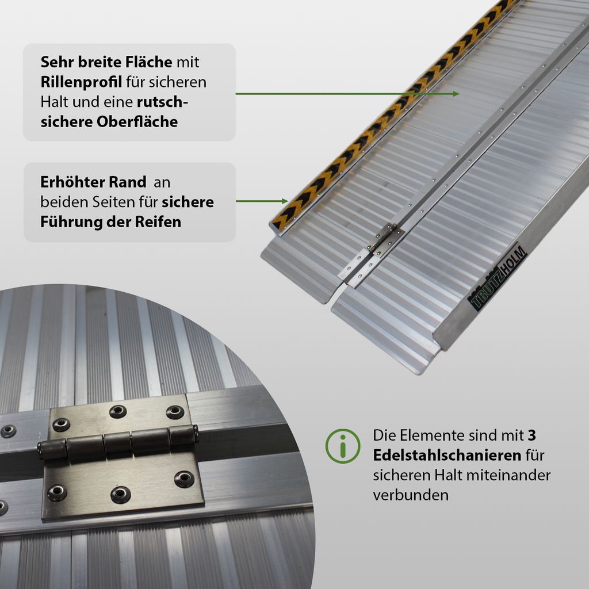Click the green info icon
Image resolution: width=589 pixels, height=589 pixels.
(x=343, y=446)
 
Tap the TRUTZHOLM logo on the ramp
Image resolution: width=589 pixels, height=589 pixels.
(x=497, y=278)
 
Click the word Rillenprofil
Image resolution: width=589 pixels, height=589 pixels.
(x=81, y=82)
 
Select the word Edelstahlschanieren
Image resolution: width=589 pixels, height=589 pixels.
(x=447, y=456)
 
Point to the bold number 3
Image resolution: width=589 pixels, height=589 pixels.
(x=531, y=435)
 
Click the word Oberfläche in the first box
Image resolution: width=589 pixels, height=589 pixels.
(x=137, y=122)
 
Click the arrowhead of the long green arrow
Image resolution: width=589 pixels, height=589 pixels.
(x=456, y=94)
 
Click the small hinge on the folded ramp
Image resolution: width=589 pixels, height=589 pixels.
(x=384, y=238)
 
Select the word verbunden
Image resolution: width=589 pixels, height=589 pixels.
(x=411, y=495)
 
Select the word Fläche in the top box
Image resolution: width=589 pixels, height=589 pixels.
(x=149, y=62)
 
